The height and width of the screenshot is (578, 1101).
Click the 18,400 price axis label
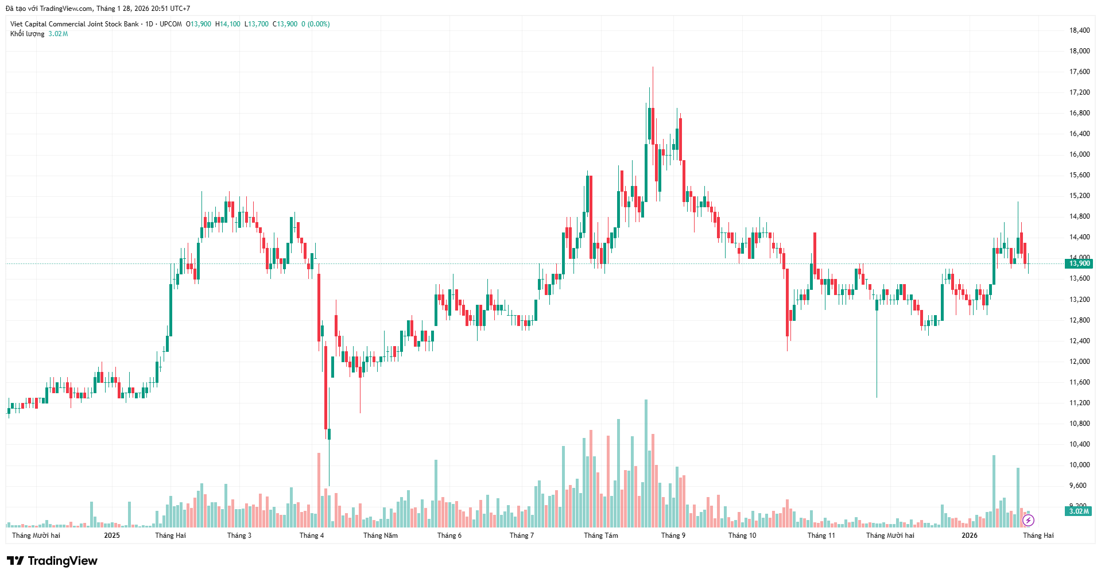[x=1079, y=30]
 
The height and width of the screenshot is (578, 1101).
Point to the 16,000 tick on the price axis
[x=1079, y=154]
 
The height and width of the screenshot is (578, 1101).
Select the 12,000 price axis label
[x=1079, y=362]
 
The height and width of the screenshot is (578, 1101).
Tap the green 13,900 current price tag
[x=1079, y=263]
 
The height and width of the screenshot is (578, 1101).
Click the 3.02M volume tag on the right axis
[x=1079, y=511]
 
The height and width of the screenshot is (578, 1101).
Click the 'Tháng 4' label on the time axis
[x=311, y=536]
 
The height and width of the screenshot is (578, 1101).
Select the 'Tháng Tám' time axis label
[x=600, y=536]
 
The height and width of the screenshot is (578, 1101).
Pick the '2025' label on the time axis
[x=112, y=536]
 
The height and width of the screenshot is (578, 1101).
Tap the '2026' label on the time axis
[x=969, y=536]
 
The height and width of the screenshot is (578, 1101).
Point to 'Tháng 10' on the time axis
[x=742, y=536]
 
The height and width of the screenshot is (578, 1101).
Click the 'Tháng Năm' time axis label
[x=380, y=536]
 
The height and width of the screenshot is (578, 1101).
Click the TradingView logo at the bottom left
[x=52, y=561]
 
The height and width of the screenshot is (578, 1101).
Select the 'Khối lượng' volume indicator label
[x=27, y=34]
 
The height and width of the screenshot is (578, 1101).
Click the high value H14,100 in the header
[x=228, y=24]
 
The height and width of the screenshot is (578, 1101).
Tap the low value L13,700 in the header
[x=257, y=24]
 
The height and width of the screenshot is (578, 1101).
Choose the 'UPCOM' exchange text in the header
[x=170, y=24]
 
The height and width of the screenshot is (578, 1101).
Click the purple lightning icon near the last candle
[x=1028, y=521]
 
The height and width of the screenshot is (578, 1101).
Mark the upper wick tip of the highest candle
[x=653, y=67]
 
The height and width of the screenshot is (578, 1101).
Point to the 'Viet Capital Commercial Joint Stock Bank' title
[x=75, y=24]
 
